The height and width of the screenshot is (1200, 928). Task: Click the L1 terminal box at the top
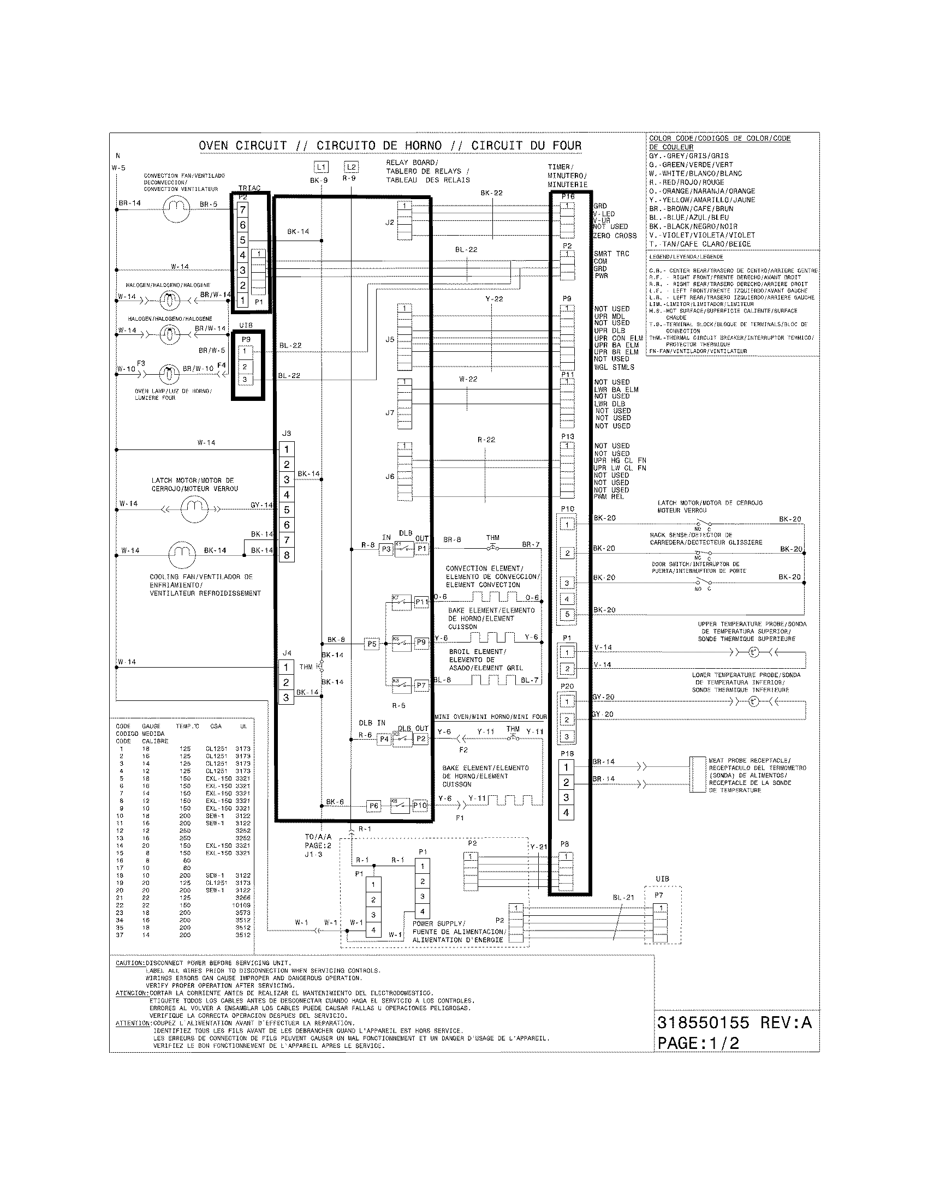[x=322, y=167]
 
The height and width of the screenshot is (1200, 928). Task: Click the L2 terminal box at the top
[x=351, y=167]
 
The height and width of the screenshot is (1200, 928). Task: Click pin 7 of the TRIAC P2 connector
[x=242, y=209]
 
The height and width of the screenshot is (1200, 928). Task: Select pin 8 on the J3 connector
[x=287, y=555]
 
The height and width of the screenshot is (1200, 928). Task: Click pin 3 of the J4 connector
[x=286, y=698]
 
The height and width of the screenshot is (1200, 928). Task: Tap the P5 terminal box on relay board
[x=372, y=644]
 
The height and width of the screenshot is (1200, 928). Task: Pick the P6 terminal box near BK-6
[x=374, y=806]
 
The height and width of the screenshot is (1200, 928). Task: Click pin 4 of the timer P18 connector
[x=566, y=813]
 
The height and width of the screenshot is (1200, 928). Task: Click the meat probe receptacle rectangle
[x=698, y=775]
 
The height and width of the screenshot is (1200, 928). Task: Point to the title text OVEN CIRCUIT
[x=242, y=146]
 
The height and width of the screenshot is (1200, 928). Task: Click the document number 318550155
[x=704, y=1023]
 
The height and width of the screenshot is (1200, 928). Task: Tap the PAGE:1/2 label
[x=698, y=1043]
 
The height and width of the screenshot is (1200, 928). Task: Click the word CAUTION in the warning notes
[x=130, y=963]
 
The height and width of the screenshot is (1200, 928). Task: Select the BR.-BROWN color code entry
[x=691, y=209]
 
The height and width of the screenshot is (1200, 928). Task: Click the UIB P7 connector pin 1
[x=661, y=908]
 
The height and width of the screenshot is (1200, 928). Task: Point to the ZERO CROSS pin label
[x=615, y=236]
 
